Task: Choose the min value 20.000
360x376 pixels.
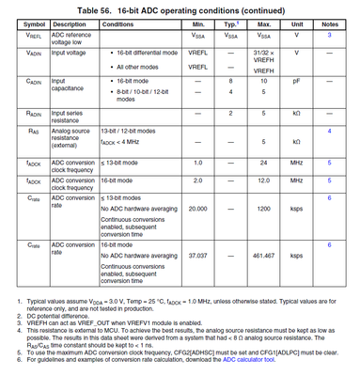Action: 197,209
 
